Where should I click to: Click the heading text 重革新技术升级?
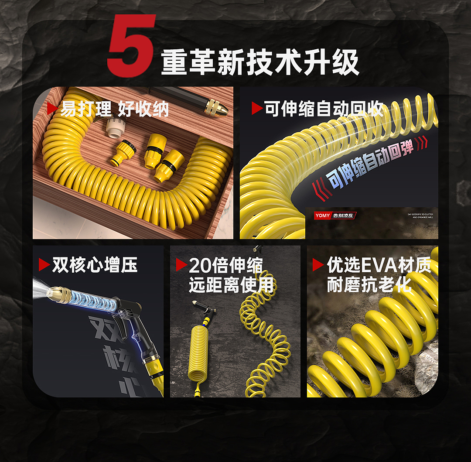260,63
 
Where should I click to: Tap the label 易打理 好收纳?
114,109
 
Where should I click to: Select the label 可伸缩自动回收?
324,109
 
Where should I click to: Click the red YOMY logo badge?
322,216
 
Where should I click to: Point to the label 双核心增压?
95,265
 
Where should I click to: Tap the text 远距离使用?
231,285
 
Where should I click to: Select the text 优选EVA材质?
379,265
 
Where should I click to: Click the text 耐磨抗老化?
369,285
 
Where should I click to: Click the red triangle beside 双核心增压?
44,265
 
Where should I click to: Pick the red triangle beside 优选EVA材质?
318,265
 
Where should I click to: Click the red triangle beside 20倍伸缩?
181,265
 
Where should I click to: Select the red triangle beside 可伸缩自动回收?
257,109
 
